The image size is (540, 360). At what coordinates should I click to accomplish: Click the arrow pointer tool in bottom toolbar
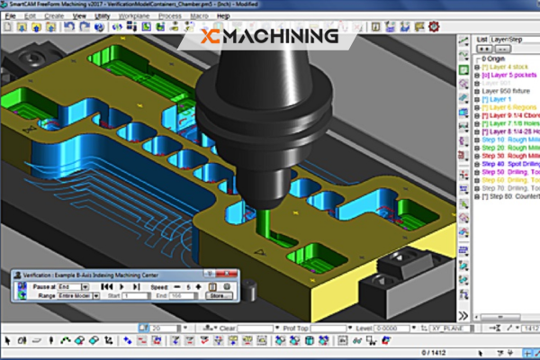[7, 341]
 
